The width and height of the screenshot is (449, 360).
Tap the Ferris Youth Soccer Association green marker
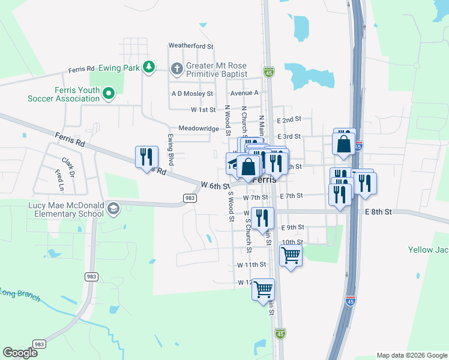tap(109, 93)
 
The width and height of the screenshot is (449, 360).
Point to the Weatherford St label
tap(191, 46)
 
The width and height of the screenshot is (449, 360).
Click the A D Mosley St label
tap(192, 94)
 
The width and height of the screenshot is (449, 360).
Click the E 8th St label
tap(378, 212)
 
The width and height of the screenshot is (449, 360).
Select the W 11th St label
tap(252, 265)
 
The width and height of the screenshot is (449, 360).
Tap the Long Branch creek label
tap(19, 295)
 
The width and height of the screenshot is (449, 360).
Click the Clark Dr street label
tap(68, 165)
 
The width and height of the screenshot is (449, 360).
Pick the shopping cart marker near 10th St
tap(291, 255)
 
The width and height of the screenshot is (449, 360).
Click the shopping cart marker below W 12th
tap(263, 289)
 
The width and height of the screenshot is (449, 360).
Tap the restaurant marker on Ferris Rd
tap(147, 157)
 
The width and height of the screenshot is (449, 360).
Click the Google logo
tap(20, 352)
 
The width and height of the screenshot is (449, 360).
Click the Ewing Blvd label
tap(170, 150)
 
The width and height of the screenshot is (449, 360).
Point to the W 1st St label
tap(203, 110)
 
